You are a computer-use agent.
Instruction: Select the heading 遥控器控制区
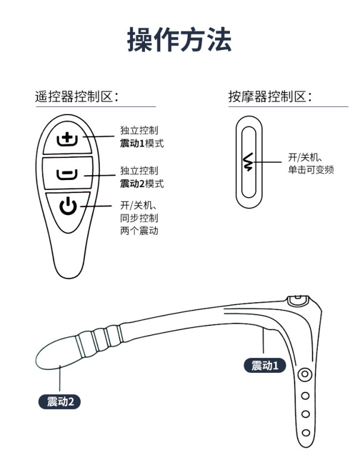coord(77,97)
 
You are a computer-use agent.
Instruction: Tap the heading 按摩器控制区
coord(270,97)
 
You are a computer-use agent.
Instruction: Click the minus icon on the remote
coord(67,174)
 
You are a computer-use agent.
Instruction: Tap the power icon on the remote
coord(68,207)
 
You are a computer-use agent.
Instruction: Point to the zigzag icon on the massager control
coord(248,162)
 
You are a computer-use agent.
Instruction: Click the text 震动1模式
coord(141,144)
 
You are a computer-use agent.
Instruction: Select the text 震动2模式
coord(141,183)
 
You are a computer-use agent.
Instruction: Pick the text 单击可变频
coord(311,170)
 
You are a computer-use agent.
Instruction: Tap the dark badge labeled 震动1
coord(264,366)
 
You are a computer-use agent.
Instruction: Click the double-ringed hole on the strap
coord(305,375)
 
